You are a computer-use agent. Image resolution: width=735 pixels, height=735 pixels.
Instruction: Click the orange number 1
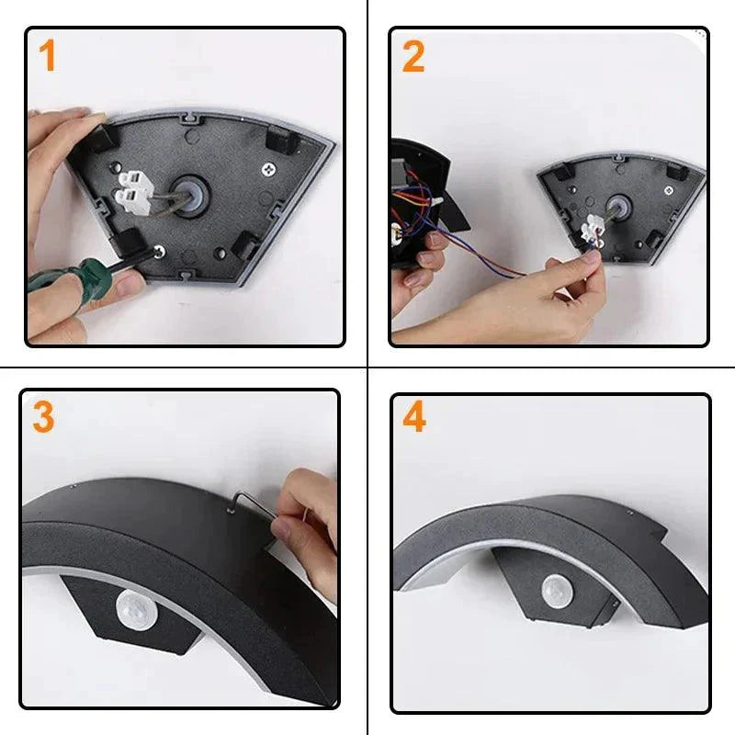pyautogui.click(x=47, y=56)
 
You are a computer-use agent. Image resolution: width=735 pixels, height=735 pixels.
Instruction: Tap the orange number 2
pyautogui.click(x=413, y=56)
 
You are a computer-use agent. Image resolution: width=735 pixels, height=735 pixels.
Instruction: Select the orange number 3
pyautogui.click(x=43, y=416)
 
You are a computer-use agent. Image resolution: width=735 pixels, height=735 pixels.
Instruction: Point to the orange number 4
pyautogui.click(x=414, y=418)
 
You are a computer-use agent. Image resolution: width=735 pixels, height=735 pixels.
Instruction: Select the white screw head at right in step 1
pyautogui.click(x=269, y=170)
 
